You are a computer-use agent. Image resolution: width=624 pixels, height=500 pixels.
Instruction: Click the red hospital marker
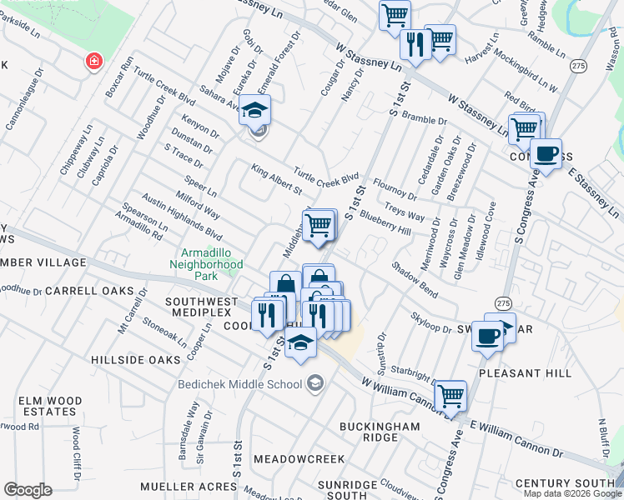[94, 61]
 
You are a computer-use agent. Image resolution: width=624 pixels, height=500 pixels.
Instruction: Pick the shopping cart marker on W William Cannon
[450, 395]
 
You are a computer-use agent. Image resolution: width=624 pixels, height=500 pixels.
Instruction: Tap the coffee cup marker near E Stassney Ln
[546, 154]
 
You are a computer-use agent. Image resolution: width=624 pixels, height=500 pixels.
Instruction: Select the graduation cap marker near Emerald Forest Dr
[255, 109]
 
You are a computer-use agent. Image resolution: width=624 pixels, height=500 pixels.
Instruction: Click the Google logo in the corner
[28, 490]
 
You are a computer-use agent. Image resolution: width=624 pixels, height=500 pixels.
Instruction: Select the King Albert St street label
[276, 180]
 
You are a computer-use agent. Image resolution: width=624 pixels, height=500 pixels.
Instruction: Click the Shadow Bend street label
[415, 280]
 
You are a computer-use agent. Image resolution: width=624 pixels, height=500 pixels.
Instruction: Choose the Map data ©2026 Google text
[572, 493]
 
